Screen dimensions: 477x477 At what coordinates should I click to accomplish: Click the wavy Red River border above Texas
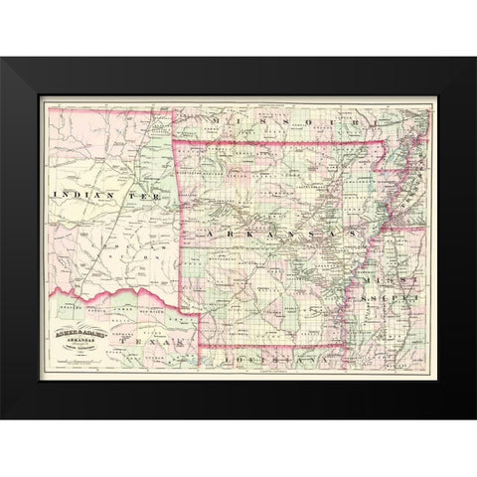point(109,290)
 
